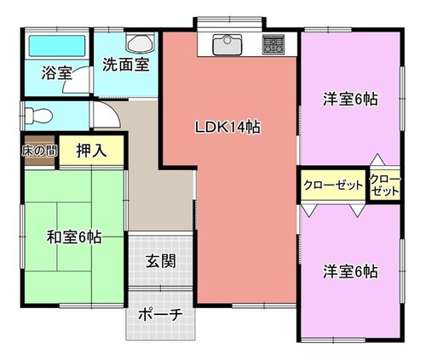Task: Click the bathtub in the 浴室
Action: point(57,45)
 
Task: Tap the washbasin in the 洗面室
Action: point(141,43)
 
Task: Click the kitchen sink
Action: point(227,45)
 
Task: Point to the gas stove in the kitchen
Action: point(273,45)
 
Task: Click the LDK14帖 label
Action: point(227,128)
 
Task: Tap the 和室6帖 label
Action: point(74,237)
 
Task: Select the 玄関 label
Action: point(161,261)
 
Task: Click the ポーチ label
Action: point(160,314)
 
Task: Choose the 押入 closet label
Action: point(91,151)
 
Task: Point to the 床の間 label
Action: point(39,151)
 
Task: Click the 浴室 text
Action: point(57,73)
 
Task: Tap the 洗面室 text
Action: point(126,65)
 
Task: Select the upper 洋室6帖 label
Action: point(350,100)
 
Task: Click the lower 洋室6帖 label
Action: point(350,271)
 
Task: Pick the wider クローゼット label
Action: point(333,186)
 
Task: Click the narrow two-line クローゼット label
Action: point(385,186)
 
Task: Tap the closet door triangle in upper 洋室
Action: point(377,160)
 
